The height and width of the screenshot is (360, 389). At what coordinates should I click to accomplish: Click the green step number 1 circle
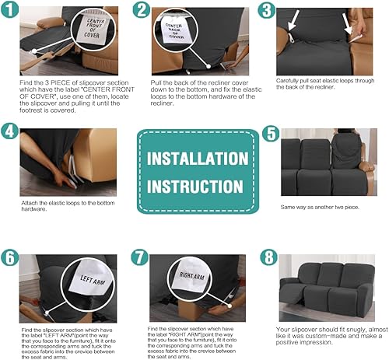[11, 12]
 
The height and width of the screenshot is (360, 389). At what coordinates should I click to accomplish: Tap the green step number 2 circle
[142, 11]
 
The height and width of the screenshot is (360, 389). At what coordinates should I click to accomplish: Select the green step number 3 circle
[267, 11]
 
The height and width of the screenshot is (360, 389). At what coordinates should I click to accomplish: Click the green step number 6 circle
[10, 257]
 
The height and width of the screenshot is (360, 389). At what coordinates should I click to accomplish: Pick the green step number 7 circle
[141, 257]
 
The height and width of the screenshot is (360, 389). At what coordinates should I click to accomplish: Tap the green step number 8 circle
[270, 257]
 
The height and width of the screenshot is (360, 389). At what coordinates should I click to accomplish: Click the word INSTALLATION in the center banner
[198, 159]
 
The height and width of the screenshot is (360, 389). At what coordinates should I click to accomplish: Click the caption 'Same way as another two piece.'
[319, 208]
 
